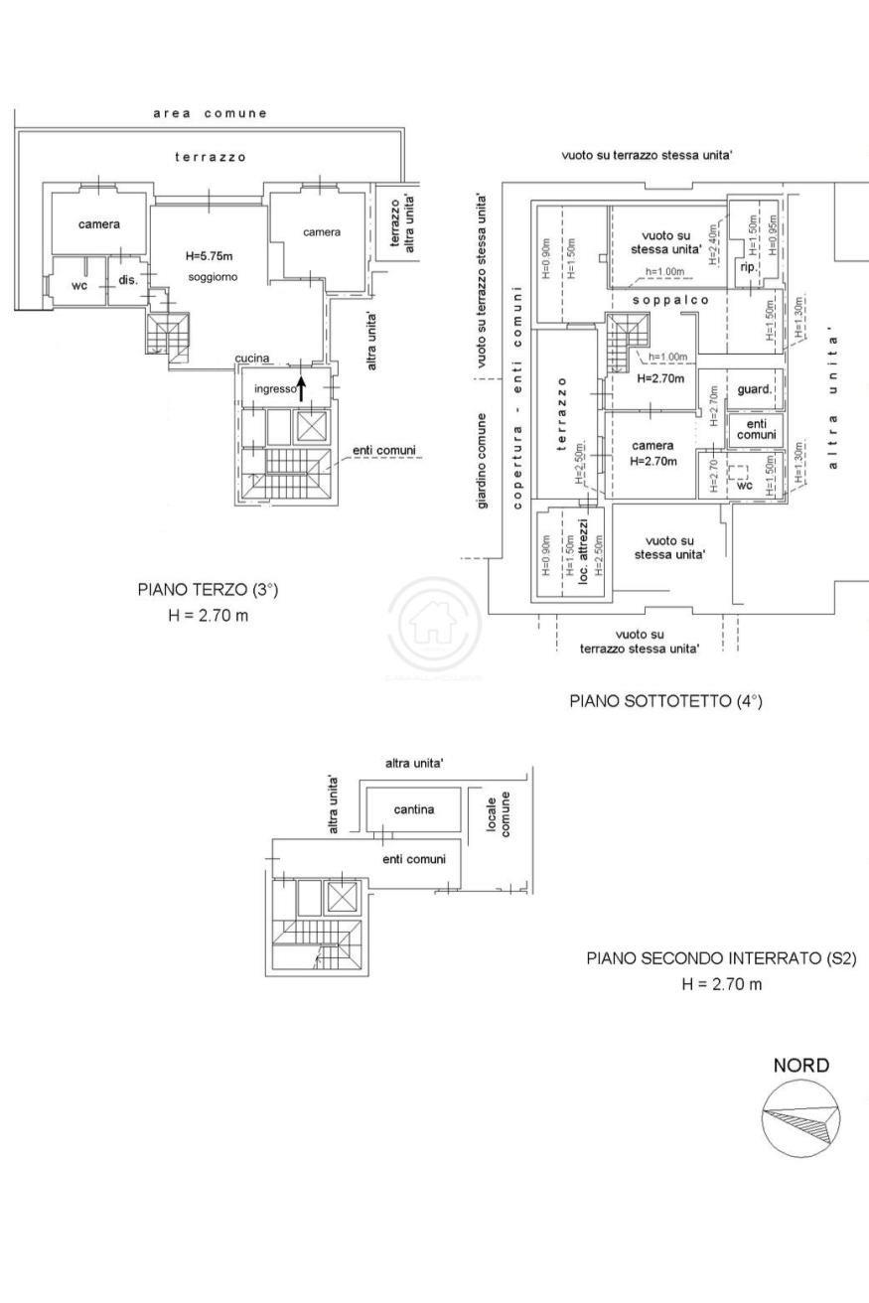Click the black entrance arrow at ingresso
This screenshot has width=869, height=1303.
(x=302, y=386)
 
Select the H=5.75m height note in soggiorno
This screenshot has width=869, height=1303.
(x=210, y=256)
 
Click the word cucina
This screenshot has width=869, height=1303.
(x=252, y=359)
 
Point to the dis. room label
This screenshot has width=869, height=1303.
(x=128, y=280)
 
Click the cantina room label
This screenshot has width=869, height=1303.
(x=413, y=809)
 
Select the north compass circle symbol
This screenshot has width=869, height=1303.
(x=799, y=1119)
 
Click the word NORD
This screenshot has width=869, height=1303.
(x=801, y=1066)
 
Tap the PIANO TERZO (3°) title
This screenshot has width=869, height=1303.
(x=208, y=590)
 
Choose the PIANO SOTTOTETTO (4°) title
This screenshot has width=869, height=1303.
(x=665, y=701)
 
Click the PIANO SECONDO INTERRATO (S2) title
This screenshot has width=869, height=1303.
(x=721, y=959)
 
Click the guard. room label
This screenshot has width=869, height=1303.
(x=755, y=389)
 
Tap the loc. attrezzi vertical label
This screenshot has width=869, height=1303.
(x=584, y=549)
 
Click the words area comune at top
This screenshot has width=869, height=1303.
(x=210, y=113)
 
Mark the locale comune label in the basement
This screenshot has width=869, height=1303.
(x=499, y=815)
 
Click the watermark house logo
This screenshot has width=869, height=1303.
(x=426, y=624)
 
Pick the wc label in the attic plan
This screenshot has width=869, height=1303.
(x=745, y=486)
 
